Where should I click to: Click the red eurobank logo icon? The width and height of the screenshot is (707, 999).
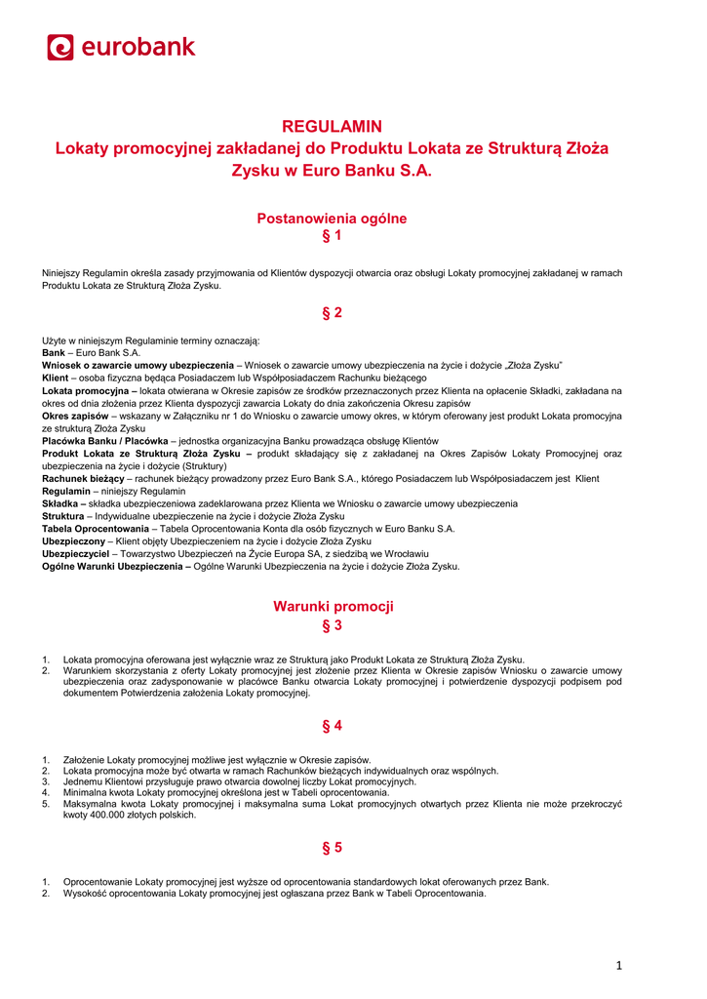(x=60, y=47)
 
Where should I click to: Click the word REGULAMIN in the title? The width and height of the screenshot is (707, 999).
(x=332, y=126)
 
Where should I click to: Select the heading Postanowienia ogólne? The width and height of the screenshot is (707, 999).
(x=332, y=219)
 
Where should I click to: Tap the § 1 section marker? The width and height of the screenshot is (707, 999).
(x=332, y=237)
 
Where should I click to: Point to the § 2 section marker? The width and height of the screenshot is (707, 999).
(x=332, y=313)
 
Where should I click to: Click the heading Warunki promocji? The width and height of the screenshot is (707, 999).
(x=333, y=606)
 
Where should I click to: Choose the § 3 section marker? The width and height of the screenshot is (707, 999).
(x=332, y=625)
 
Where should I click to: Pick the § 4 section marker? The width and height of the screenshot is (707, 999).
(x=332, y=726)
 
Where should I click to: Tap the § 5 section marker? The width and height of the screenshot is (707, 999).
(x=332, y=848)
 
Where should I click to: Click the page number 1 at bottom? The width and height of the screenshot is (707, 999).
(x=618, y=966)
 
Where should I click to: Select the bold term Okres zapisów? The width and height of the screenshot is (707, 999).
(x=75, y=416)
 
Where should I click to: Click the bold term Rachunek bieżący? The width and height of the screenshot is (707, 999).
(x=83, y=478)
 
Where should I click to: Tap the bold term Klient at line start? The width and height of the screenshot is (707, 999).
(x=55, y=378)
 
